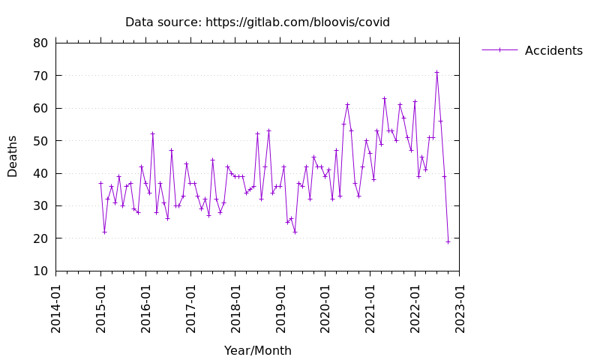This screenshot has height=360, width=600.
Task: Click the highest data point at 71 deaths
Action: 436,72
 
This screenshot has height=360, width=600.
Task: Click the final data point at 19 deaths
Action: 448,241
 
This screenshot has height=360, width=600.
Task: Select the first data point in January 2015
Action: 100,183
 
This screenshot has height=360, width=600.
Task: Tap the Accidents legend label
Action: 553,51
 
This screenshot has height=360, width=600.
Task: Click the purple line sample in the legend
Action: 499,50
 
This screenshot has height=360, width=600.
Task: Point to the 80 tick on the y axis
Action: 40,43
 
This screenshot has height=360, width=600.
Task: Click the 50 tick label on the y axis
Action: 40,141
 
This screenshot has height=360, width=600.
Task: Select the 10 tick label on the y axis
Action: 40,271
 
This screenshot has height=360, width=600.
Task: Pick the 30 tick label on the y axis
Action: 40,205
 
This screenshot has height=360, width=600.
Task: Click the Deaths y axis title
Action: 13,156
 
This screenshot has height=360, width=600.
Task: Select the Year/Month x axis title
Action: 257,351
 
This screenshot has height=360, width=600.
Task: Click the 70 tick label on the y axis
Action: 40,76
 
